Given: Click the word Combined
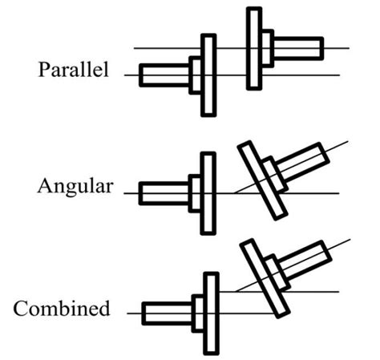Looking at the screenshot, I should [x=63, y=309].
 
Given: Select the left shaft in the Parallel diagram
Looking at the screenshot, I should [x=164, y=75].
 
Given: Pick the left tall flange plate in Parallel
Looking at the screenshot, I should [x=208, y=75].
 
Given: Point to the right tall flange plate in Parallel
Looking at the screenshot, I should [x=254, y=48].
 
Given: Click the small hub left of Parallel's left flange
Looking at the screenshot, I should [x=195, y=75].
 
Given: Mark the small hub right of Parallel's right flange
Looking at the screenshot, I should [x=268, y=48].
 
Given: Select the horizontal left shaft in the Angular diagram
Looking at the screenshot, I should [x=164, y=192].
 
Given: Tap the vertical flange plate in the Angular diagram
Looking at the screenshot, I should [x=208, y=192].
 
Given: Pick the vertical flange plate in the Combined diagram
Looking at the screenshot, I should [x=211, y=313].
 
